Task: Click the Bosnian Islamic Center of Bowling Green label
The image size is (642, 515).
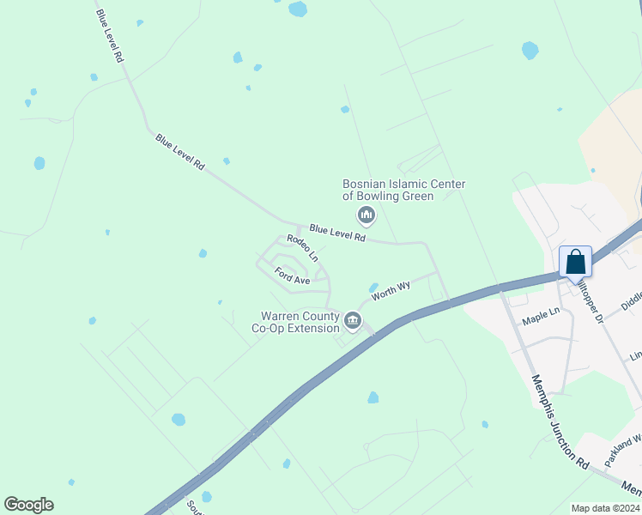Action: pos(403,190)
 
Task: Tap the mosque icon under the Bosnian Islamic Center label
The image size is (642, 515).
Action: pos(366,214)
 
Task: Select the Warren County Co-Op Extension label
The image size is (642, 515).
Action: pos(294,322)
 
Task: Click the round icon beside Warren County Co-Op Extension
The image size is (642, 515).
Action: pos(353,322)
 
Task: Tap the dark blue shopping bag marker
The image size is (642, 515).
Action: pos(575,262)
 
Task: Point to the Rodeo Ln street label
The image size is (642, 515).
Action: pos(302,249)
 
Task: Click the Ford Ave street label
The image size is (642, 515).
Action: pos(292,276)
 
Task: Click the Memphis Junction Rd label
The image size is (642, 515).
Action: pos(560,421)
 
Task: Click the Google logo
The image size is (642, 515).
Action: pos(28,505)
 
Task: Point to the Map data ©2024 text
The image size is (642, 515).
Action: pos(606,508)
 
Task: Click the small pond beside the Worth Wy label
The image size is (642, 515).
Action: pos(373,288)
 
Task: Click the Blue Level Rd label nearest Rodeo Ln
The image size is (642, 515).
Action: pos(337,233)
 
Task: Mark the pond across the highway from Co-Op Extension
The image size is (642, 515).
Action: pos(373,397)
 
